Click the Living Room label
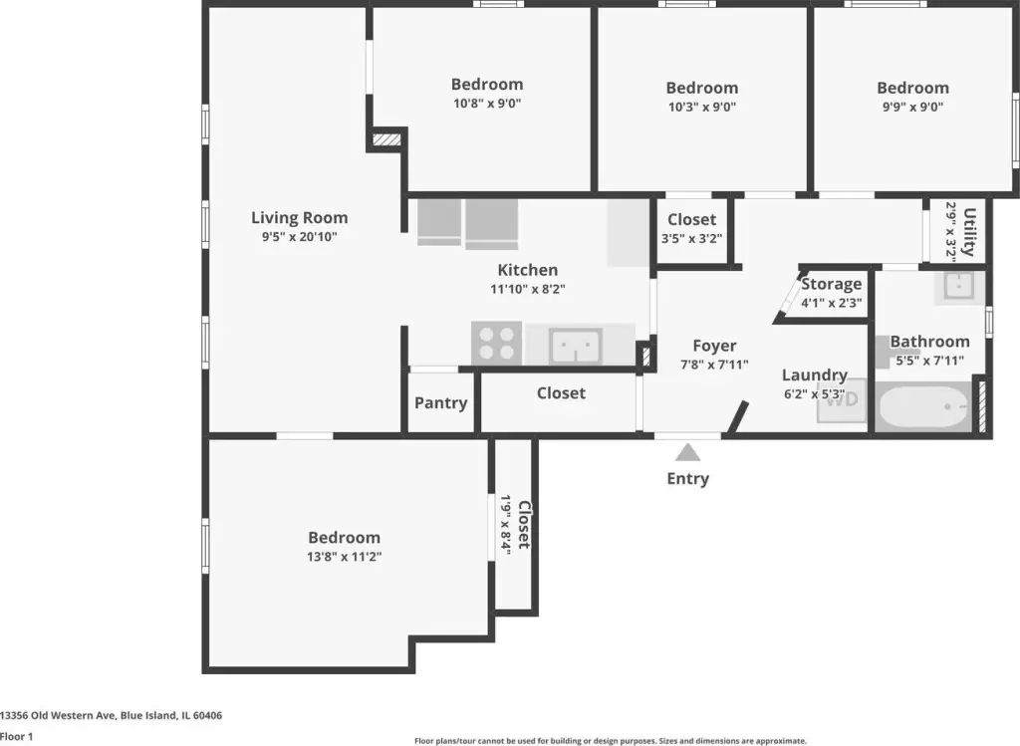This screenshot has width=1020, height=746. coord(299,218)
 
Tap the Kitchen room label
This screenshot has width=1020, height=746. coord(528,270)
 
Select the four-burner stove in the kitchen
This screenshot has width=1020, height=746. coord(496,343)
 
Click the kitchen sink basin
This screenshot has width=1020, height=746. coord(576,345)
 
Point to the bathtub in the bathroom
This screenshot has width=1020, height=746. coord(923,407)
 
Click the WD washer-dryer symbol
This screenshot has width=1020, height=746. coord(842,399)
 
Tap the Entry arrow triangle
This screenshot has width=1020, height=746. coord(687,452)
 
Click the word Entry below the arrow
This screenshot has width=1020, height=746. coord(687,479)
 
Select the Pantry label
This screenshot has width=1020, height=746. coord(441,403)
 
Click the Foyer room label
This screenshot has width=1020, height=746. coord(714,346)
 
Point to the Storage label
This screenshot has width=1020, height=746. coord(832,284)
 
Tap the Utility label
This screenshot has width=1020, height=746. coord(969,231)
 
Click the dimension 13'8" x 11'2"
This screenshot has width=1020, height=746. coord(344,557)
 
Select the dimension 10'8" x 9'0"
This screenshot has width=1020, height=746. coord(487,104)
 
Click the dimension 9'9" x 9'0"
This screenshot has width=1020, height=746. coord(912,107)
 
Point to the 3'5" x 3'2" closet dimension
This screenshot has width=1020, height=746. coord(691,239)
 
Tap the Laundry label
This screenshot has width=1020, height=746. coord(815,375)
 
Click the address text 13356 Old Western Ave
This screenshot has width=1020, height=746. coord(59,715)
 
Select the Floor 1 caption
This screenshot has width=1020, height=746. coord(16,736)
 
